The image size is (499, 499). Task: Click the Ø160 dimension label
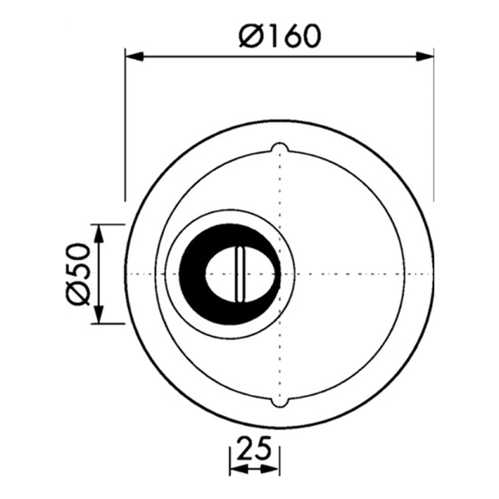(x=279, y=36)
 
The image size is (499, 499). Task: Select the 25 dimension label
(x=254, y=448)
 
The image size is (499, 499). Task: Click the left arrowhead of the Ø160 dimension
(x=134, y=57)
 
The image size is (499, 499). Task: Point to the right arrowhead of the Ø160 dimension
(x=425, y=57)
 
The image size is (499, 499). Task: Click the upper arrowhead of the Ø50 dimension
(x=99, y=234)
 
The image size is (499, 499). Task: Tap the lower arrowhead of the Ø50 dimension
(x=99, y=314)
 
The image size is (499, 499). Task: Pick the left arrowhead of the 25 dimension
(x=239, y=469)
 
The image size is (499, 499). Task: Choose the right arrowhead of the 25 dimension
(x=270, y=469)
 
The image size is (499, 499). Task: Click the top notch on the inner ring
(x=279, y=147)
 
